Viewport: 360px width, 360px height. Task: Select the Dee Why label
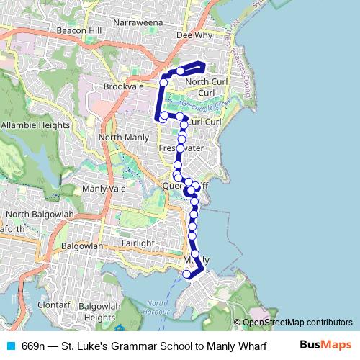tap(194, 35)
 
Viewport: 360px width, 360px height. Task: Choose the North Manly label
tap(123, 137)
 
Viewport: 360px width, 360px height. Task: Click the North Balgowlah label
tap(34, 215)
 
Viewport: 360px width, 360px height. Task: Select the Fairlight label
tap(138, 243)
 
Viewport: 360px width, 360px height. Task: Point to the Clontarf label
tap(54, 305)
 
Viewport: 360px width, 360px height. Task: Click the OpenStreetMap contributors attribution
tap(292, 323)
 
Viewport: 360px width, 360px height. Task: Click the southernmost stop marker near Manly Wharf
tap(187, 274)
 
